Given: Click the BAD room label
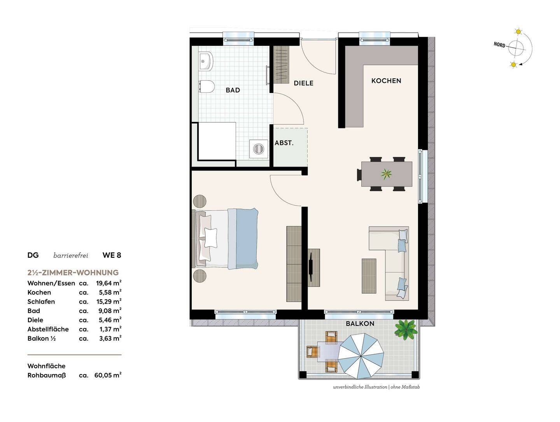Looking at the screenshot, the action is point(233,90).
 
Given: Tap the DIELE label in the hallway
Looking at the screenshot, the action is point(303,83).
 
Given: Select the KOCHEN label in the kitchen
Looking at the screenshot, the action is point(386,81).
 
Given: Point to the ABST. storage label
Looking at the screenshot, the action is point(284,143).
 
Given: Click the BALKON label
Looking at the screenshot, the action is point(360,324).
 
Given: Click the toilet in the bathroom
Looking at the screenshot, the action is point(206,86).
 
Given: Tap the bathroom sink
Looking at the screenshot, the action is point(205,61).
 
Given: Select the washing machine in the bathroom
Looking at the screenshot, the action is point(259,149).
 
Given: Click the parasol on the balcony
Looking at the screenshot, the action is point(361,355).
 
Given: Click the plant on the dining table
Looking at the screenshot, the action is point(386,174).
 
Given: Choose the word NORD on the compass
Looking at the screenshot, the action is point(499,45).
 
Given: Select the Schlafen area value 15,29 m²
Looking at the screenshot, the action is point(108,301).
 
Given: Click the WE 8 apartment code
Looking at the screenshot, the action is point(112,255).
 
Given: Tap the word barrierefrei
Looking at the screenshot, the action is point(71,255).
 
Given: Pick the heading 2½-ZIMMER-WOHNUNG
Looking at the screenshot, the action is point(73,273).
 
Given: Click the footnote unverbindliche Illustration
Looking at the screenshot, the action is point(360,387).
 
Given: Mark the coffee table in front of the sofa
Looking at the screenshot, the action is point(369,276).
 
